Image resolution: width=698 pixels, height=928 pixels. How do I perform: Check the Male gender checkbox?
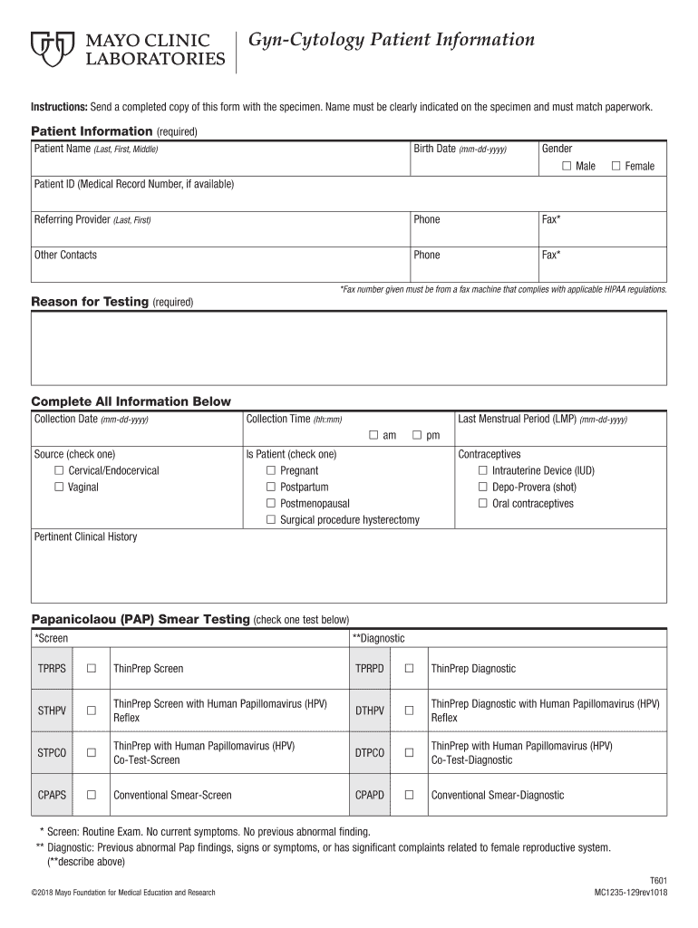click(x=567, y=166)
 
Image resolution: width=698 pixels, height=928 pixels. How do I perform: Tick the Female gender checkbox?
click(x=616, y=166)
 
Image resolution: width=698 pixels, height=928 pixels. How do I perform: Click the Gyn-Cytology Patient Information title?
click(x=392, y=41)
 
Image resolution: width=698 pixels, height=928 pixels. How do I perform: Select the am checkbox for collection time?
click(x=373, y=435)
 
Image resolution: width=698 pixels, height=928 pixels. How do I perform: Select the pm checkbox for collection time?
click(x=418, y=435)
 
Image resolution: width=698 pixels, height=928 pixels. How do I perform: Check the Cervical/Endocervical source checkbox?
click(x=59, y=470)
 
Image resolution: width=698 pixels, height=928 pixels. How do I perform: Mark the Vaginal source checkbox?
click(x=59, y=487)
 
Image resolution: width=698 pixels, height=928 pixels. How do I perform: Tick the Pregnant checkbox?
click(x=271, y=470)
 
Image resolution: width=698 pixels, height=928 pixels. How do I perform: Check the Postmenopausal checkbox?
click(x=271, y=503)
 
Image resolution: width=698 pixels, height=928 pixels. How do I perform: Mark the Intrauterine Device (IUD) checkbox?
click(x=483, y=470)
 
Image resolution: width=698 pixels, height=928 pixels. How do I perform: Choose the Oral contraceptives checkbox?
click(x=483, y=503)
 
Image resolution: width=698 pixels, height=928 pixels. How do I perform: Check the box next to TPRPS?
click(x=91, y=669)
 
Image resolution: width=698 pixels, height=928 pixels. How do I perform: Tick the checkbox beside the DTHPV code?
click(x=409, y=710)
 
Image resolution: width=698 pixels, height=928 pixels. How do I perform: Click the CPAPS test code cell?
click(x=52, y=795)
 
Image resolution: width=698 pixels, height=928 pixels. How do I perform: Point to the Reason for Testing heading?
click(x=90, y=302)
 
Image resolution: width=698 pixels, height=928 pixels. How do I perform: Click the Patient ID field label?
click(x=133, y=184)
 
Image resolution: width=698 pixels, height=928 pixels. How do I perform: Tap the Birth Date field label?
click(x=460, y=149)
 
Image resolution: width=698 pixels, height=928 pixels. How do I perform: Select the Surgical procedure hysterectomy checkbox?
click(x=271, y=519)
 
